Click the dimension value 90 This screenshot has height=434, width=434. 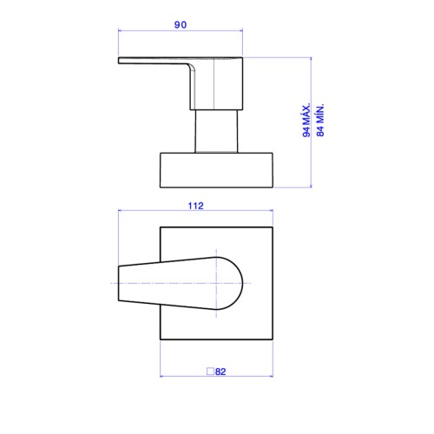click(181, 24)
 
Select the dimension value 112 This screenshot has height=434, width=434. click(196, 206)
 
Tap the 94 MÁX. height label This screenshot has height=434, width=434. click(306, 120)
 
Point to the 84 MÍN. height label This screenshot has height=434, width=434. click(320, 120)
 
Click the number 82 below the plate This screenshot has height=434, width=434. click(220, 372)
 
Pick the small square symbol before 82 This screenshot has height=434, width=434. click(210, 372)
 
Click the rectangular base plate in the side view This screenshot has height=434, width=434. click(216, 170)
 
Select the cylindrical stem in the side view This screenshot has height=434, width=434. click(216, 131)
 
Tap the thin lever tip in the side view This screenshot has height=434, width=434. click(119, 61)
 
